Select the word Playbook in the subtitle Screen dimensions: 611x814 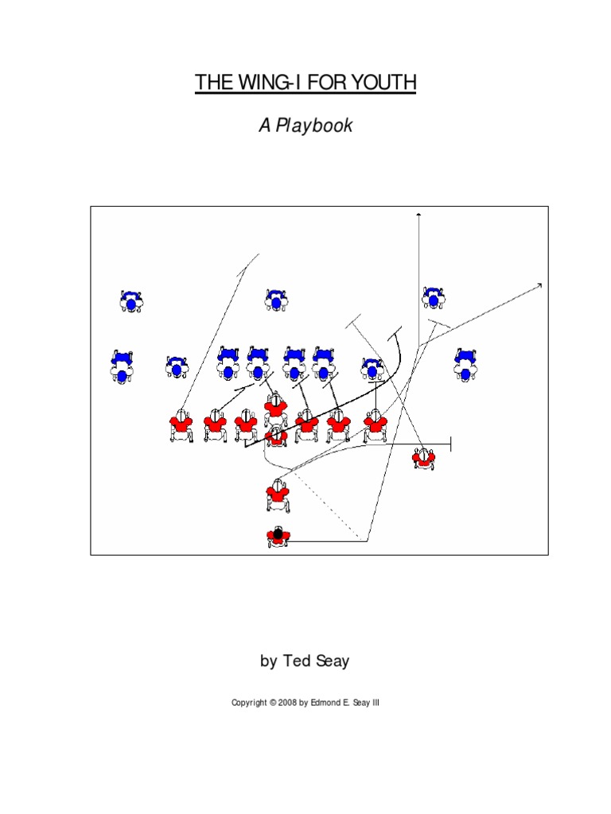(x=315, y=126)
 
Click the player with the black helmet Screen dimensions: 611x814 (x=277, y=537)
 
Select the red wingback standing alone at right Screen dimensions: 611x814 (x=424, y=458)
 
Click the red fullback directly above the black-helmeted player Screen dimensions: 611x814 (x=277, y=494)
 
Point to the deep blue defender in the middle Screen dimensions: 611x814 (x=276, y=300)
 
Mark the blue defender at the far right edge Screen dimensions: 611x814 (x=465, y=366)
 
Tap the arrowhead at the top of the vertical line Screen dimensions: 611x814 (x=418, y=215)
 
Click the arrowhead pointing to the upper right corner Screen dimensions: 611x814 (x=540, y=285)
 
